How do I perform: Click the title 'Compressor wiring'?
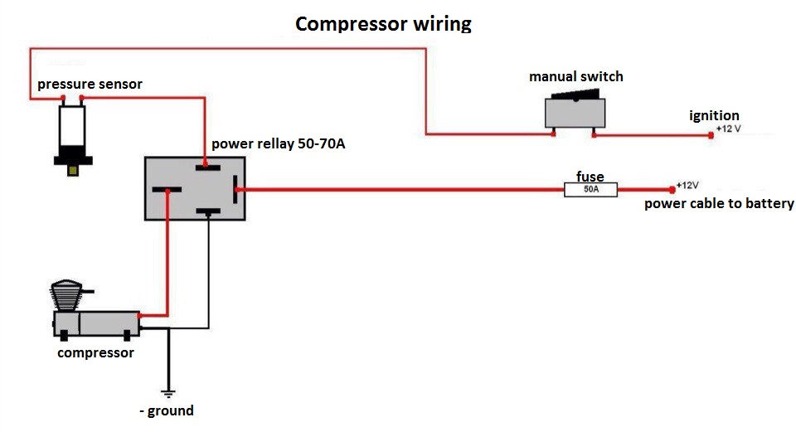click(x=383, y=23)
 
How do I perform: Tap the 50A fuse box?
click(x=590, y=190)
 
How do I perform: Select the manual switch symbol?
click(x=575, y=112)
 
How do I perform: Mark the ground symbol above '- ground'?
click(x=169, y=391)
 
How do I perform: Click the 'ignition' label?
click(x=714, y=116)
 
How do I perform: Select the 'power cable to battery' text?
click(x=719, y=204)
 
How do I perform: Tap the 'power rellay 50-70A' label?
click(x=278, y=144)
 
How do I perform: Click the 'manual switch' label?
click(x=576, y=77)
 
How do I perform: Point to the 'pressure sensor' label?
click(x=90, y=85)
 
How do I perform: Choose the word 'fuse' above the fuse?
click(x=590, y=177)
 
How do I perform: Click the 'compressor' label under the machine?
click(x=95, y=353)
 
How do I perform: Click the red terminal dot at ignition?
click(x=711, y=134)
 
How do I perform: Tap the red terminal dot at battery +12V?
click(x=672, y=189)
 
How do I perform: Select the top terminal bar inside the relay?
click(x=207, y=167)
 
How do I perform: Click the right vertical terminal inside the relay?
click(x=236, y=189)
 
